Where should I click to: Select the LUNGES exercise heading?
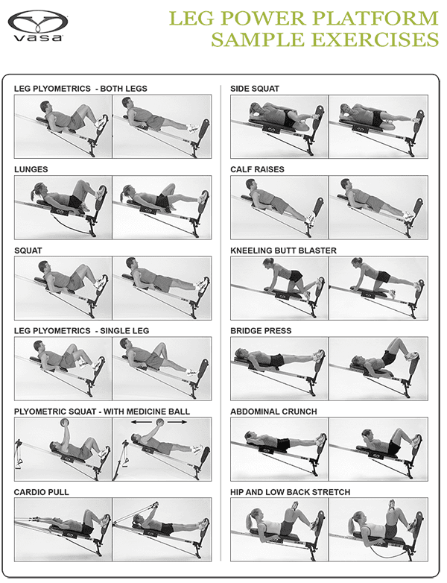(x=31, y=169)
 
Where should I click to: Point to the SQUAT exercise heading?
(x=28, y=250)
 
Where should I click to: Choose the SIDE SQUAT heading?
(x=255, y=89)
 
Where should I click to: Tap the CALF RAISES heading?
(x=257, y=169)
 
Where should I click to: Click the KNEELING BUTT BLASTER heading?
(x=284, y=250)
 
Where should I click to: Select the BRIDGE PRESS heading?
(x=261, y=330)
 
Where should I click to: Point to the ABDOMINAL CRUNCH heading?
(x=274, y=412)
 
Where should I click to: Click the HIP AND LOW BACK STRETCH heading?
(x=291, y=493)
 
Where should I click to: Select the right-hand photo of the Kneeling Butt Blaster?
(x=378, y=286)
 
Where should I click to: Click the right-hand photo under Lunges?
(x=162, y=204)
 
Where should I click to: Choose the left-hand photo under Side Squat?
(x=279, y=124)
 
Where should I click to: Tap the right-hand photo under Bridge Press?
(x=378, y=366)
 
